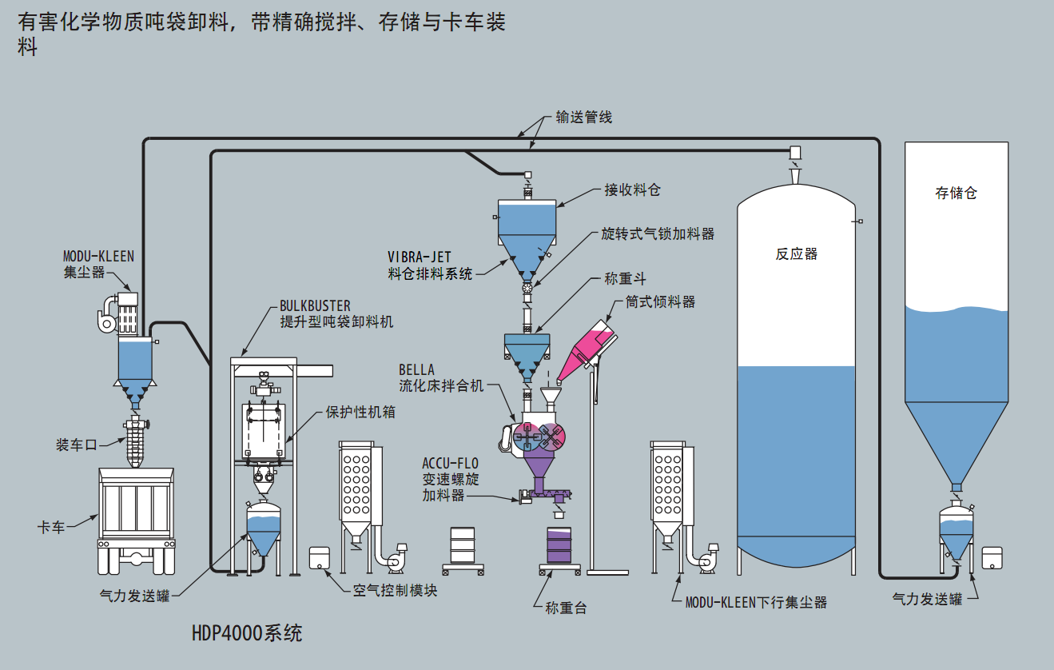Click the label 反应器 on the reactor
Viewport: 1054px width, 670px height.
(796, 254)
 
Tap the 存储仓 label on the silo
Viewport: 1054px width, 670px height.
(956, 193)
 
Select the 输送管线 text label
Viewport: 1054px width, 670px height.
(583, 118)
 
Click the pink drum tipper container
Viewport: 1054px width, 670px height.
(585, 348)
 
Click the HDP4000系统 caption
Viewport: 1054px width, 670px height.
(247, 633)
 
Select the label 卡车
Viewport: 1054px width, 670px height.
(51, 528)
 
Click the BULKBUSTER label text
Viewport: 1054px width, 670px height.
(315, 306)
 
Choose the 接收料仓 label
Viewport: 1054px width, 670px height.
(632, 190)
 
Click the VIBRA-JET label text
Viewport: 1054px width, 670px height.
(420, 257)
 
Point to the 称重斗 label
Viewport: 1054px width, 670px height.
(625, 279)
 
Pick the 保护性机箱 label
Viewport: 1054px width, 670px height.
(360, 413)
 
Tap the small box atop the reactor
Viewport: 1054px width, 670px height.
(795, 152)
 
